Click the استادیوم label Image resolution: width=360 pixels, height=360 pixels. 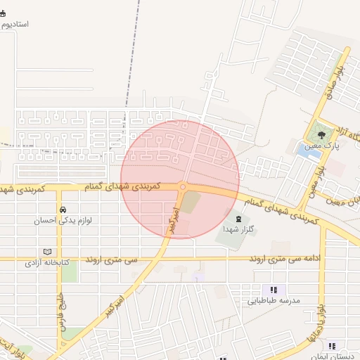[x=15, y=24]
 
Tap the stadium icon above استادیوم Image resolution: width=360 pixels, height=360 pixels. [x=3, y=13]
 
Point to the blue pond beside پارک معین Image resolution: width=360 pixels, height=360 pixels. [x=307, y=149]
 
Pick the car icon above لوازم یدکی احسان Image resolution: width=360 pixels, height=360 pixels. [x=63, y=210]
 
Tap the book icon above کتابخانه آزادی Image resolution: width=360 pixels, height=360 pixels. [x=47, y=252]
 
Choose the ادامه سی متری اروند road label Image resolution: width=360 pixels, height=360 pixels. [x=290, y=259]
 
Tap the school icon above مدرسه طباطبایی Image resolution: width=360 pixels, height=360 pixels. [x=274, y=290]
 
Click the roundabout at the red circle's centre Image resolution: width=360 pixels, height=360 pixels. [x=182, y=186]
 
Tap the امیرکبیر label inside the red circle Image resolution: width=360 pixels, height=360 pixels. [x=172, y=220]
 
